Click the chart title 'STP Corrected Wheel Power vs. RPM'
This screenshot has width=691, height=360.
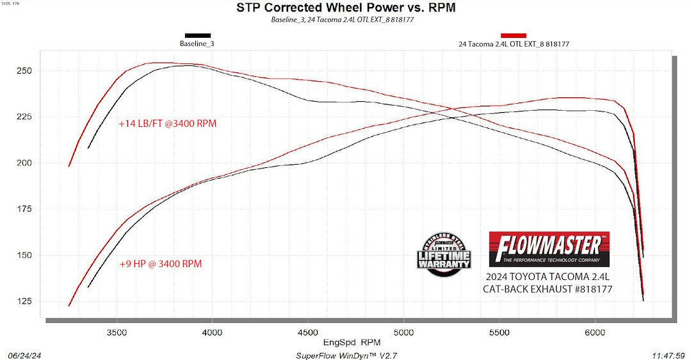click(x=346, y=8)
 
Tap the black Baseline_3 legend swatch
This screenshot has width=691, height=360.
click(x=197, y=35)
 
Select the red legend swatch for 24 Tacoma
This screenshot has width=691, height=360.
click(x=514, y=35)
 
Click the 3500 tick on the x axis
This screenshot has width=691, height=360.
click(x=117, y=333)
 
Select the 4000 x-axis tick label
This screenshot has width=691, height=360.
click(x=212, y=333)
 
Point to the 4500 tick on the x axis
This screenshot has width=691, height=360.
click(x=308, y=333)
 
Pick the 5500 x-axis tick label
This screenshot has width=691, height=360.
click(x=499, y=333)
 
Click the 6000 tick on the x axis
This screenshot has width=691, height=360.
click(x=595, y=333)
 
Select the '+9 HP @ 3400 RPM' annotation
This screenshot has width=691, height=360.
click(x=161, y=263)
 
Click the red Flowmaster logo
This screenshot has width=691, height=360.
click(x=549, y=249)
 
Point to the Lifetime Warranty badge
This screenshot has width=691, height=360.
click(x=444, y=254)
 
